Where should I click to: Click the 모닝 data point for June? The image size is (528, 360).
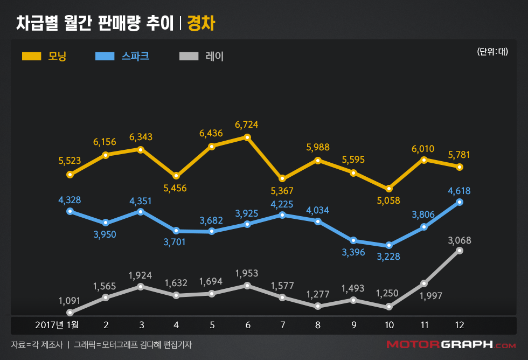(247, 137)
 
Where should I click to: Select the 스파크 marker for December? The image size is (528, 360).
(460, 202)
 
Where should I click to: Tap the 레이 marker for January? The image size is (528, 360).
(70, 313)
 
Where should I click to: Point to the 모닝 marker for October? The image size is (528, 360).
(389, 189)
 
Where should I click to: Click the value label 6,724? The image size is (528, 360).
(247, 125)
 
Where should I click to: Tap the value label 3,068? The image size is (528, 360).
(459, 239)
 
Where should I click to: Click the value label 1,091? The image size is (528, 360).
(70, 300)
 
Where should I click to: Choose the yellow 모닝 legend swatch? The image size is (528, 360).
(32, 56)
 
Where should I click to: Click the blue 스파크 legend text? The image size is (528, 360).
(135, 56)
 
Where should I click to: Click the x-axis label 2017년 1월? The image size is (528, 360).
(57, 325)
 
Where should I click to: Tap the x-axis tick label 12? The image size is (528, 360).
(459, 325)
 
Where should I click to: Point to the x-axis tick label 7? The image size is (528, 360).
(282, 325)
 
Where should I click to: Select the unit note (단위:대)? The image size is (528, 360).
(492, 52)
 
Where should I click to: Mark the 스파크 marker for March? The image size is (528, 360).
(141, 211)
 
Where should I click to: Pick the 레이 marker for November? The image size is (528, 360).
(424, 283)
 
